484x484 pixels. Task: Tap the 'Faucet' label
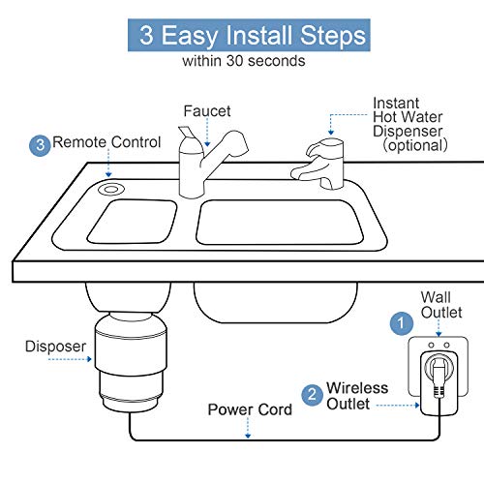coord(207,110)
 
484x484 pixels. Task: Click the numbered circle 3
coord(40,144)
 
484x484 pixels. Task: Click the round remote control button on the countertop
coord(114,186)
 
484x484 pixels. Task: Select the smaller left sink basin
coord(133,221)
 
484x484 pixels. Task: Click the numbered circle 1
coord(398,321)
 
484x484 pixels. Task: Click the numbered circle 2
coord(312,394)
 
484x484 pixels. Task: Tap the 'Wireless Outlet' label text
coord(357,395)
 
